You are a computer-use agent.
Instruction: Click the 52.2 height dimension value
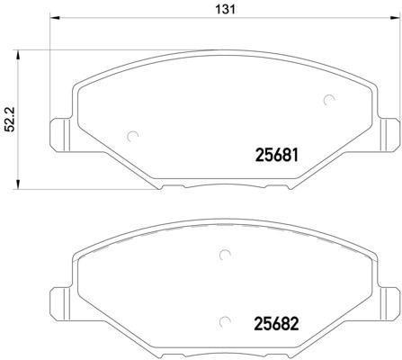tap(9, 118)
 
